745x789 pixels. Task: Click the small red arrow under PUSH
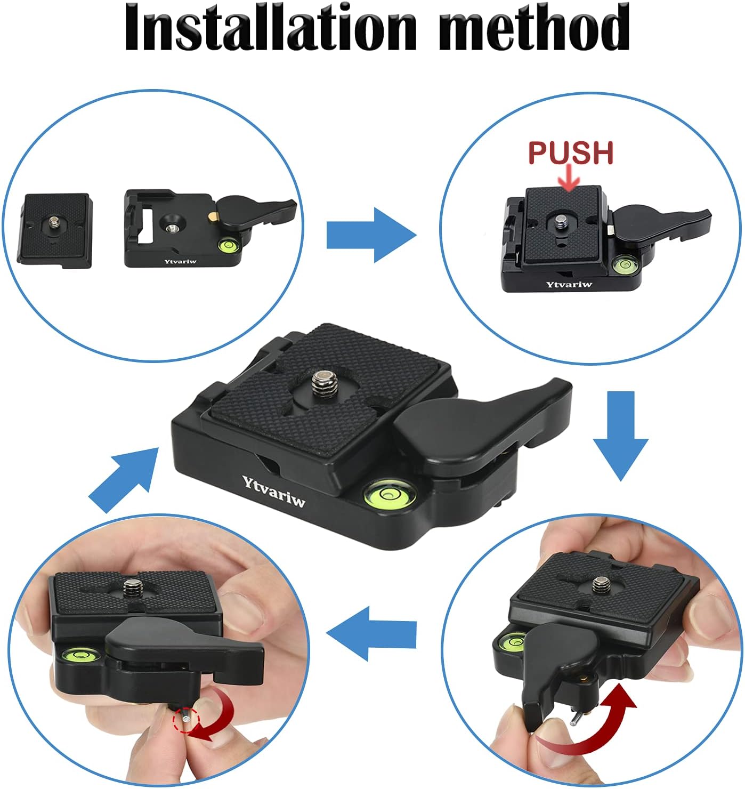[x=570, y=179]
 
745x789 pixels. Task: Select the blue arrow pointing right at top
[x=370, y=235]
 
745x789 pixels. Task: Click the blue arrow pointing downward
[x=620, y=435]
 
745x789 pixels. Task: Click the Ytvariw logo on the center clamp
[x=273, y=491]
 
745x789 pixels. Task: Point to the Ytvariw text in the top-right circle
[x=569, y=284]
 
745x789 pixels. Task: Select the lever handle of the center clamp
[x=480, y=421]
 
